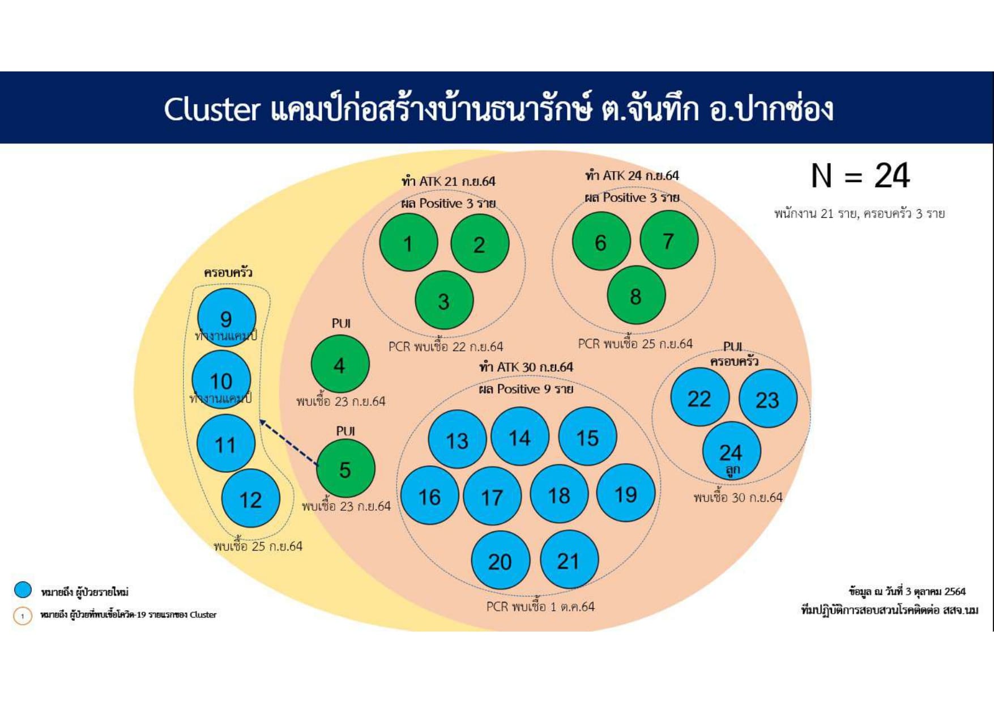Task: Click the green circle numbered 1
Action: click(408, 243)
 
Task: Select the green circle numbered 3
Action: click(444, 300)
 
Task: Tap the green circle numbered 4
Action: click(340, 364)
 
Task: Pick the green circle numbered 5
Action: click(345, 469)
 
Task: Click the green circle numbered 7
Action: click(669, 240)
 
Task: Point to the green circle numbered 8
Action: click(635, 295)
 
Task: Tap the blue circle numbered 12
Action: click(250, 499)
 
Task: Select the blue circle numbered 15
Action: click(587, 437)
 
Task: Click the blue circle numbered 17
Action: click(492, 497)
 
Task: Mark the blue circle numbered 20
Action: click(500, 561)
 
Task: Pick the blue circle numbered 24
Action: click(731, 451)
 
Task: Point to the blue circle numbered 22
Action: click(699, 398)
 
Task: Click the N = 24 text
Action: click(860, 176)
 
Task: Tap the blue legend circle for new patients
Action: click(23, 590)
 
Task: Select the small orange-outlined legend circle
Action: click(23, 616)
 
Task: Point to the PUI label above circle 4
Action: click(341, 323)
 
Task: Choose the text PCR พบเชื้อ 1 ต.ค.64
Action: click(540, 607)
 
